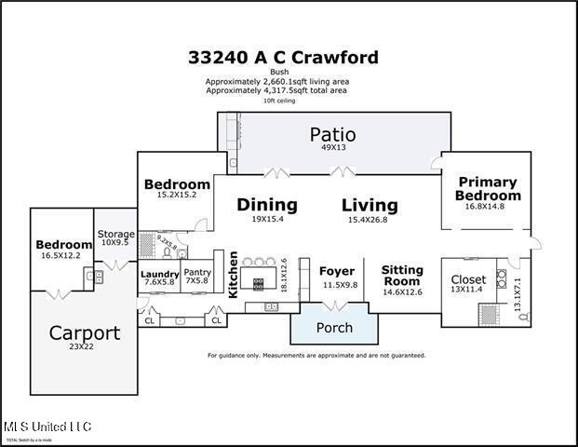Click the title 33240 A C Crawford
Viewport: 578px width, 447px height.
point(283,58)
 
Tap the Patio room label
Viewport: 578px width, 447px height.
point(332,135)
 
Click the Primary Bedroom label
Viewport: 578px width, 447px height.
point(488,189)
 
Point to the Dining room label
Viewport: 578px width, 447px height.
point(267,205)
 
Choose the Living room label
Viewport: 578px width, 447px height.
point(370,205)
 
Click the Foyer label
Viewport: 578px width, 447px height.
point(337,272)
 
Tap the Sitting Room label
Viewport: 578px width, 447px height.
point(402,276)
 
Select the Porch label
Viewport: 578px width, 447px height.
point(334,328)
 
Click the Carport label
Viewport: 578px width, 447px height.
point(85,332)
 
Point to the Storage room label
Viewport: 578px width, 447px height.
point(116,234)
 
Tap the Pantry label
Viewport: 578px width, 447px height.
point(197,272)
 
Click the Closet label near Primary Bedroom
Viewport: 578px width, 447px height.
point(468,279)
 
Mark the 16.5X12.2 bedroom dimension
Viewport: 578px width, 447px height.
point(60,254)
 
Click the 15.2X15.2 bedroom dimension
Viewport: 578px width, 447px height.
point(177,196)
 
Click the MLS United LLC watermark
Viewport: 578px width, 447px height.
point(47,427)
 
